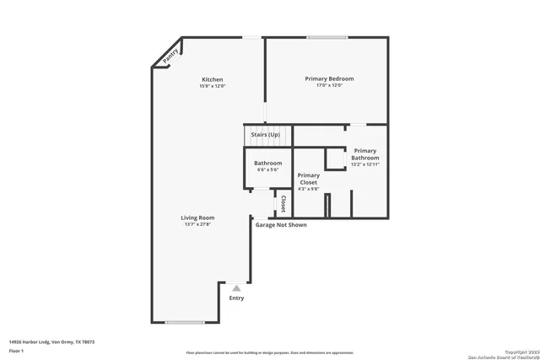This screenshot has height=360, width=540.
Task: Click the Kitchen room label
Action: [212, 79]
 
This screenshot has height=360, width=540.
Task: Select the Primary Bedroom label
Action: [329, 78]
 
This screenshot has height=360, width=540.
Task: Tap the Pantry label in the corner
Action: [171, 56]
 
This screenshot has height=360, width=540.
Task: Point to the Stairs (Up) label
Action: [266, 134]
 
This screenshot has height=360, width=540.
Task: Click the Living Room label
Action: [197, 218]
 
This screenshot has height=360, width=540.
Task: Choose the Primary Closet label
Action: [309, 179]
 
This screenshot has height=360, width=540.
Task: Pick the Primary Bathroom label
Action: [365, 153]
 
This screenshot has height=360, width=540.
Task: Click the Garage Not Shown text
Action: [281, 225]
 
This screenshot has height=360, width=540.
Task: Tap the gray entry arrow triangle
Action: [236, 287]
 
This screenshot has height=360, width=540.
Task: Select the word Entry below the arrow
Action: [236, 298]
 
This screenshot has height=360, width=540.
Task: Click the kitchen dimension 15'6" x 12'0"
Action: [212, 86]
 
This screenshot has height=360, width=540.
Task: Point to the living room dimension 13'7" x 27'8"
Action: [197, 224]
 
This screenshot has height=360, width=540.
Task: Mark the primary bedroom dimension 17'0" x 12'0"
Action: [329, 85]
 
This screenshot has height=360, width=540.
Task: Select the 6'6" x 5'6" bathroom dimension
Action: [269, 169]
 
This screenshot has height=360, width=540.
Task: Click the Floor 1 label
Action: [16, 350]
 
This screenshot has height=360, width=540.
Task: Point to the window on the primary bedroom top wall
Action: [327, 37]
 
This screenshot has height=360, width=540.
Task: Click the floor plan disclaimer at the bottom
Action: [270, 352]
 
